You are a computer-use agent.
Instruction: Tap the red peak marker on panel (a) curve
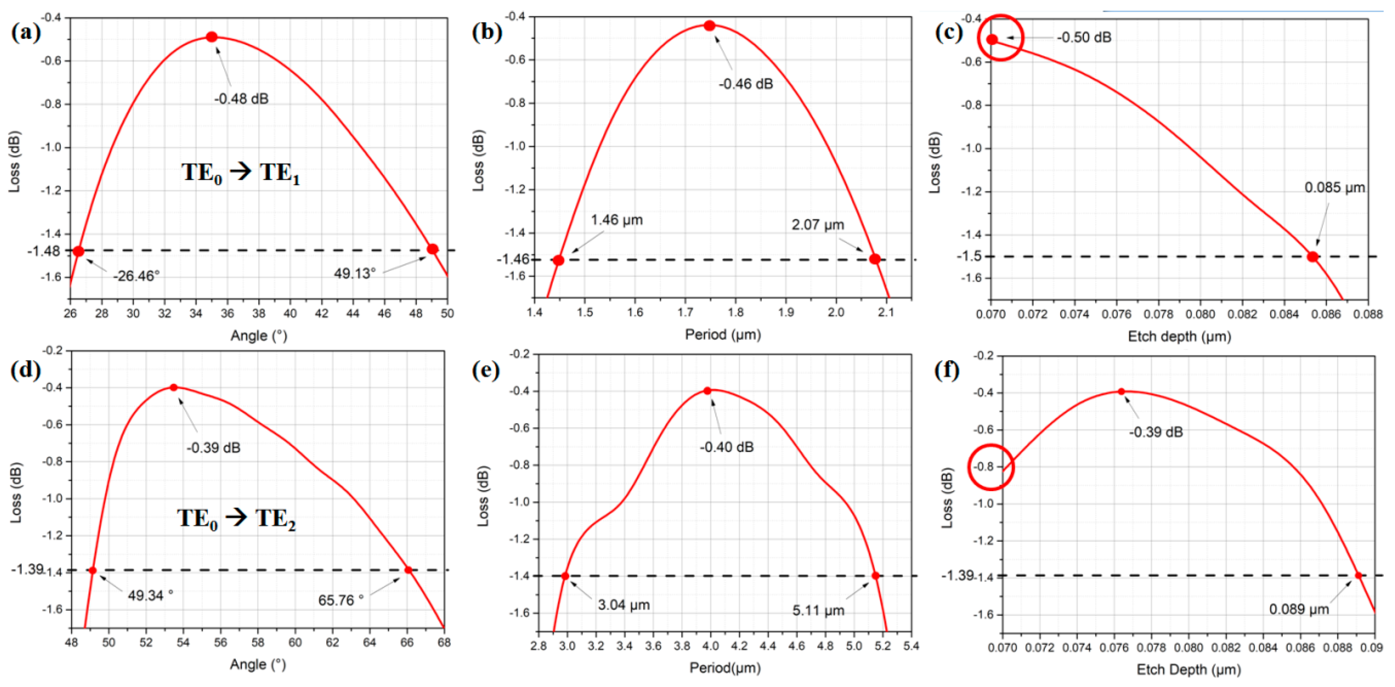click(x=212, y=37)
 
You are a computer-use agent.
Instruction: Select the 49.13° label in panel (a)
click(x=355, y=274)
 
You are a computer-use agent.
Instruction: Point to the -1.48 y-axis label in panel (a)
click(x=44, y=251)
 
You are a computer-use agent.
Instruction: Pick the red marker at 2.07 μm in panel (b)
click(x=875, y=259)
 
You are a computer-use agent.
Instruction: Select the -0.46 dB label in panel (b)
click(x=746, y=84)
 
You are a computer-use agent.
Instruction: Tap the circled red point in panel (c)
click(x=992, y=39)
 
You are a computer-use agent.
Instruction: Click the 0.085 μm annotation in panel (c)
click(x=1334, y=187)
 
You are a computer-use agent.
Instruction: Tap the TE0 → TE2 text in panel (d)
click(x=237, y=519)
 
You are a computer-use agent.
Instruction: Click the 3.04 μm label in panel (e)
click(x=623, y=605)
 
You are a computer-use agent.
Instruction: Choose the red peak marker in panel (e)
click(x=707, y=391)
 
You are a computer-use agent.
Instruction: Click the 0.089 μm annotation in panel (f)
click(x=1299, y=609)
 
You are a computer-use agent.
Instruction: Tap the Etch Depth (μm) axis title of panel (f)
click(x=1188, y=670)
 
